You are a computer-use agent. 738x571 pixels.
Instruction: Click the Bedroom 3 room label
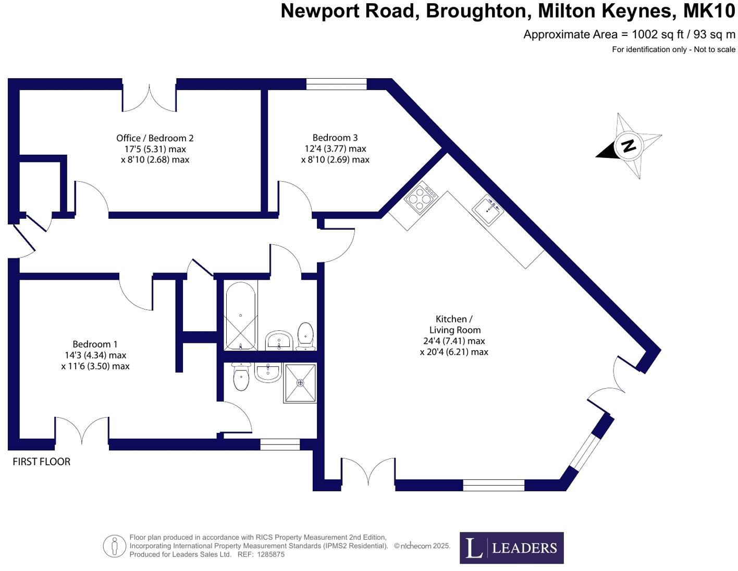[x=335, y=138]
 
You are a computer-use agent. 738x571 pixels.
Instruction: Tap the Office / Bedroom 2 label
[x=155, y=138]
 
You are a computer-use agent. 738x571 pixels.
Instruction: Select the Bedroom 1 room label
[x=95, y=344]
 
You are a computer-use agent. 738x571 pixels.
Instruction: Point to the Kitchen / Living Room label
[x=454, y=325]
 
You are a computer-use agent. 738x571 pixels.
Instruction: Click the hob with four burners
[x=422, y=197]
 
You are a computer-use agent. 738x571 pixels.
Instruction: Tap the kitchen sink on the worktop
[x=488, y=209]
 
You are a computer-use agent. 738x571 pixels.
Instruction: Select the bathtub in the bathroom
[x=240, y=316]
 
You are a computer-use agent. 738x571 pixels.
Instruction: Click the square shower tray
[x=300, y=383]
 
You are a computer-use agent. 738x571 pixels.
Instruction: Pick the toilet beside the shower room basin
[x=241, y=377]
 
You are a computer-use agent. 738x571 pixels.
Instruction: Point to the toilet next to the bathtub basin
[x=305, y=336]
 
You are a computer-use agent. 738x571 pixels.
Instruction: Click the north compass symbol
[x=629, y=145]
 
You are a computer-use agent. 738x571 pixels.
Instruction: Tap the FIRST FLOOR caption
[x=42, y=462]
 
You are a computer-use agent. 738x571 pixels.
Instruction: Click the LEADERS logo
[x=511, y=548]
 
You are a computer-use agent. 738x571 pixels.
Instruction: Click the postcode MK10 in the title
[x=709, y=11]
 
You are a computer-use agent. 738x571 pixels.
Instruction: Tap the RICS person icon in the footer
[x=114, y=546]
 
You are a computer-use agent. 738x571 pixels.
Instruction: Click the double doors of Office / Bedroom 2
[x=149, y=97]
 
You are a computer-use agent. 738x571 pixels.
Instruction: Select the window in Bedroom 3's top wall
[x=336, y=84]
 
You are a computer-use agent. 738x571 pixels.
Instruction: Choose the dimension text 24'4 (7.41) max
[x=454, y=341]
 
